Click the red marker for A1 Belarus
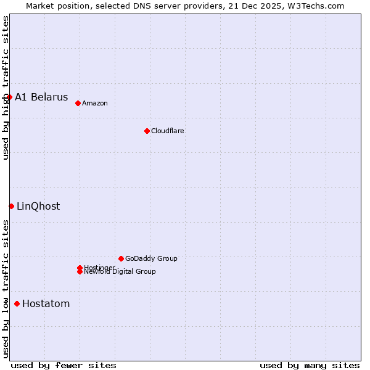[10, 97]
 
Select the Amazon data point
[78, 103]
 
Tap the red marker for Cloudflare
[147, 131]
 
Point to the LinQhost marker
[11, 206]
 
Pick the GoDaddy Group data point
[121, 258]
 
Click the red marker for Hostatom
[17, 303]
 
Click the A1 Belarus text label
[41, 97]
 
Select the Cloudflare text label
[168, 131]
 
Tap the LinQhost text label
[38, 207]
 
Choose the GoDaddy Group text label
[151, 258]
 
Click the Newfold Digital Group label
[120, 272]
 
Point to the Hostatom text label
[46, 304]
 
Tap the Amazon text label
[95, 103]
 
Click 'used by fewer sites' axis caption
[64, 365]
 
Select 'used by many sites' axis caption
[310, 365]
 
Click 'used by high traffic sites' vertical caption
[6, 88]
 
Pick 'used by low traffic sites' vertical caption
[6, 289]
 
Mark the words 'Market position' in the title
[54, 6]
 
